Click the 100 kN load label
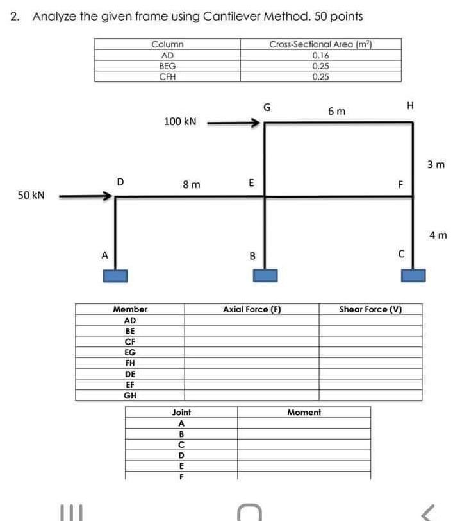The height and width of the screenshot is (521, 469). pyautogui.click(x=180, y=121)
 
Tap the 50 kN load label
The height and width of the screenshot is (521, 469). pyautogui.click(x=31, y=194)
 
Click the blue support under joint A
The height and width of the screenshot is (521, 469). pyautogui.click(x=115, y=275)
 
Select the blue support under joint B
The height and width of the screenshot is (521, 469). pyautogui.click(x=265, y=275)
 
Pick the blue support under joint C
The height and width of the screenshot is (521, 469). pyautogui.click(x=413, y=275)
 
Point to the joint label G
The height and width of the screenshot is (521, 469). pyautogui.click(x=267, y=107)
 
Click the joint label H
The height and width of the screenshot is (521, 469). pyautogui.click(x=411, y=105)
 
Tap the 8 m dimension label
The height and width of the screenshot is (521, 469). pyautogui.click(x=191, y=185)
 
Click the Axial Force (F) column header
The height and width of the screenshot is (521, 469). pyautogui.click(x=252, y=310)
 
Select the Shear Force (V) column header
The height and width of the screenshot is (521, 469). pyautogui.click(x=370, y=310)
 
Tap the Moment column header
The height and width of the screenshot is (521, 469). pyautogui.click(x=304, y=412)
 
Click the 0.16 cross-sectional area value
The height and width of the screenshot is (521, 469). pyautogui.click(x=320, y=55)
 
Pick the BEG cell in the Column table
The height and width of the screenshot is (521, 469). pyautogui.click(x=167, y=66)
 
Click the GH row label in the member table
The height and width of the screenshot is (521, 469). pyautogui.click(x=130, y=395)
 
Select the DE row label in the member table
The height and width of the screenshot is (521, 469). pyautogui.click(x=130, y=374)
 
